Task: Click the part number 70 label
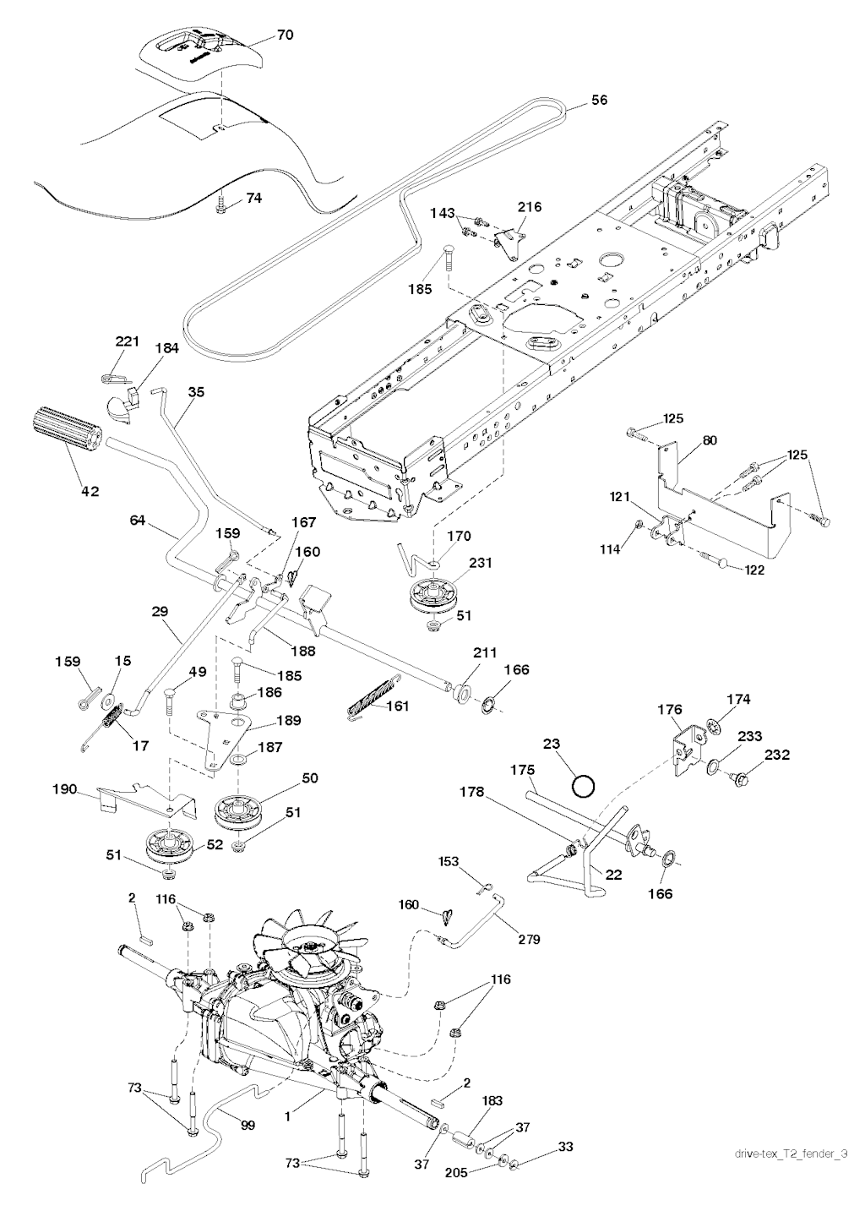click(x=286, y=35)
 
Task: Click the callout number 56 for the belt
click(x=599, y=101)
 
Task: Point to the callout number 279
click(x=530, y=939)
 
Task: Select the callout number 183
click(x=492, y=1100)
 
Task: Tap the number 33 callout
click(x=564, y=1148)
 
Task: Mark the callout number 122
click(x=754, y=570)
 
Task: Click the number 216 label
click(x=530, y=207)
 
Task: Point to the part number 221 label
click(x=127, y=341)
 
